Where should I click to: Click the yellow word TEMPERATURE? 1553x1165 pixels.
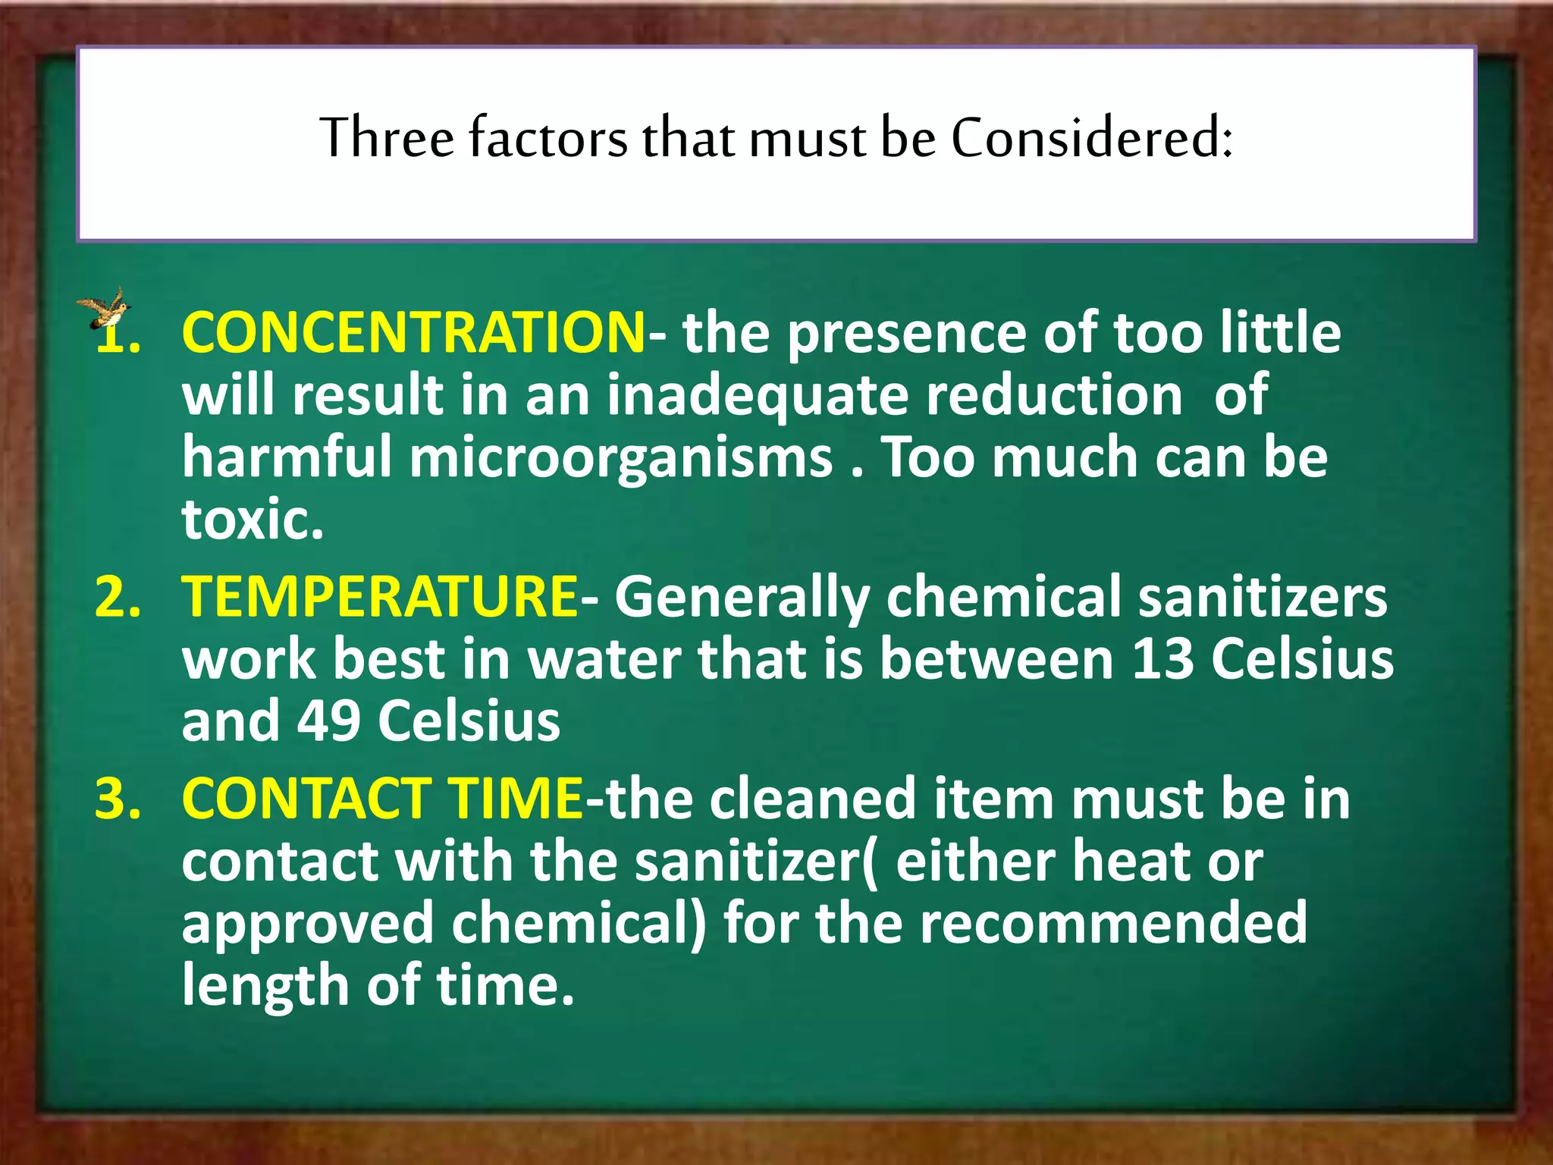pos(380,596)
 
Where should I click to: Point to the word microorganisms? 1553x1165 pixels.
pos(621,458)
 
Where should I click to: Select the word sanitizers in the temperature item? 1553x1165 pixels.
pos(1263,596)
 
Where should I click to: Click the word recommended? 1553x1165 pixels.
pos(1114,923)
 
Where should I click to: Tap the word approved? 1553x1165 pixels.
pos(307,925)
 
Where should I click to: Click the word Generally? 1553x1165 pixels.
pos(741,598)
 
